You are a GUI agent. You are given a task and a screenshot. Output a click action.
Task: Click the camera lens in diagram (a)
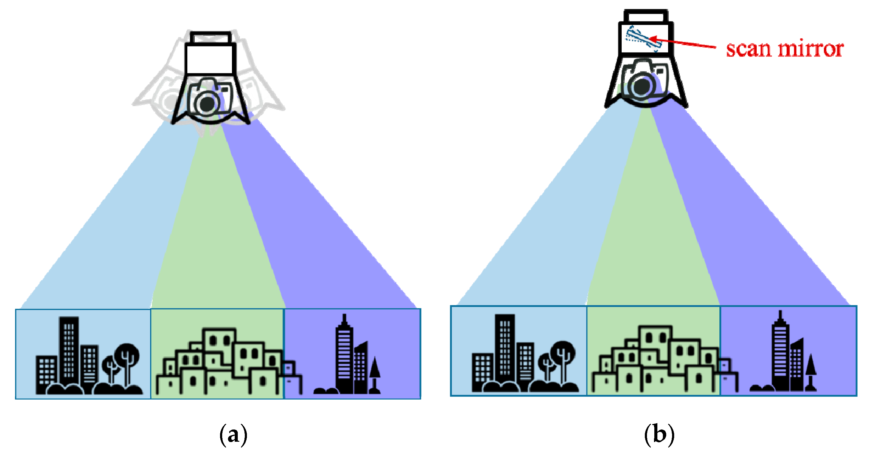207,103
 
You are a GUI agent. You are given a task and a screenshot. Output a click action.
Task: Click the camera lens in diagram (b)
641,86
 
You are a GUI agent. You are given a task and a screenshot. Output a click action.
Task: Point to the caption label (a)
233,435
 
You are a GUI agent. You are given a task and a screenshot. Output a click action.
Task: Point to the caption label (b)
659,435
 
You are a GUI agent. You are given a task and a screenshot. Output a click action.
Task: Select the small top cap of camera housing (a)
210,38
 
